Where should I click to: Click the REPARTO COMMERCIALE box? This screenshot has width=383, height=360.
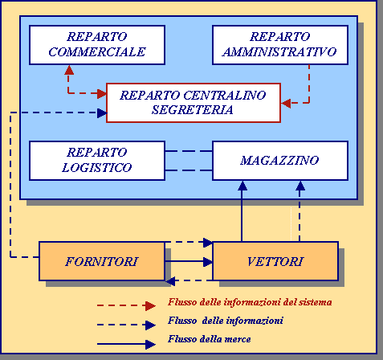point(97,45)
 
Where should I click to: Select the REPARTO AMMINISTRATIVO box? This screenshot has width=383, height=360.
point(280,45)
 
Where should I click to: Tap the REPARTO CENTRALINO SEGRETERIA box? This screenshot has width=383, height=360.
point(194,103)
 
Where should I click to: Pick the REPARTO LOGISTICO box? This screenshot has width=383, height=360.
point(97,161)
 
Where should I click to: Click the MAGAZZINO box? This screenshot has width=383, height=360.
point(280,161)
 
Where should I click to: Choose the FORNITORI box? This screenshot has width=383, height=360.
point(102,261)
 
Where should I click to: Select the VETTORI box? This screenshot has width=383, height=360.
point(275,261)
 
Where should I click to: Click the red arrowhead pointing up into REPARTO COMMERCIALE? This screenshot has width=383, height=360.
point(69,70)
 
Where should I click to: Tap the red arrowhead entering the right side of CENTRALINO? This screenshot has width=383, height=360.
point(286,103)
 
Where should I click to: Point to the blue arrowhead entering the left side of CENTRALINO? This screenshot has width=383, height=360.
point(102,112)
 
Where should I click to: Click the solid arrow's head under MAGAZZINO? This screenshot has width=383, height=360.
point(242,186)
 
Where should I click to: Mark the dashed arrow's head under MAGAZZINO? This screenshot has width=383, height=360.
point(300,186)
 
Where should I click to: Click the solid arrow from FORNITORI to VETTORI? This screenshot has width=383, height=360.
point(189,261)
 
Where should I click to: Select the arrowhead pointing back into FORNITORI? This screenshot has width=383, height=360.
point(170,281)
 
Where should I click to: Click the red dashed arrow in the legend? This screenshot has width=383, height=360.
point(126,305)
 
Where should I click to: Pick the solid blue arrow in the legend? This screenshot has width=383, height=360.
point(126,344)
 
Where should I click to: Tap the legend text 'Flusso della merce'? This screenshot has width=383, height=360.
point(210,339)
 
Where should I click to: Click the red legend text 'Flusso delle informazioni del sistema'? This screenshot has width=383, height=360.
point(250,302)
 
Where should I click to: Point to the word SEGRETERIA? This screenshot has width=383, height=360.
point(193,110)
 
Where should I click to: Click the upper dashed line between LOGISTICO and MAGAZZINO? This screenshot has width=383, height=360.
point(189,151)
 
